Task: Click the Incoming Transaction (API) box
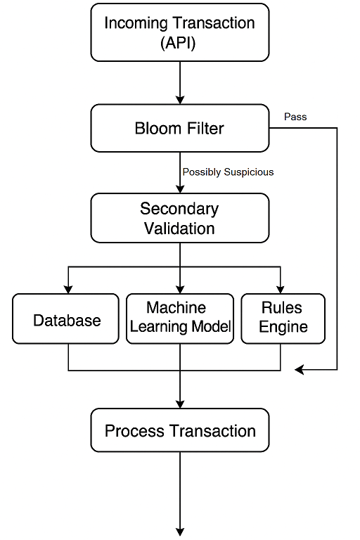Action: pyautogui.click(x=180, y=32)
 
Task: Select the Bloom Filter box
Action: pyautogui.click(x=180, y=129)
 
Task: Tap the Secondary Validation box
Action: pyautogui.click(x=180, y=218)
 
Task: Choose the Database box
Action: pyautogui.click(x=67, y=320)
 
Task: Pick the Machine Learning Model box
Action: pyautogui.click(x=180, y=318)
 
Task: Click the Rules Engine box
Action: pyautogui.click(x=283, y=318)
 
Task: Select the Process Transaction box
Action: pyautogui.click(x=180, y=430)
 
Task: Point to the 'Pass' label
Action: pyautogui.click(x=295, y=117)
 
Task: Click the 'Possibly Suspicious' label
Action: pyautogui.click(x=228, y=172)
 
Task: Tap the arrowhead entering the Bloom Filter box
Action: pyautogui.click(x=180, y=100)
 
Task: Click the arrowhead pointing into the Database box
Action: pyautogui.click(x=68, y=288)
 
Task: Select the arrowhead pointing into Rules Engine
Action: pyautogui.click(x=281, y=288)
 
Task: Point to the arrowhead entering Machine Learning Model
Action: pyautogui.click(x=180, y=288)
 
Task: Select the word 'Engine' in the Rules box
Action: pyautogui.click(x=283, y=327)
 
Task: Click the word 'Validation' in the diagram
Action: pyautogui.click(x=180, y=228)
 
